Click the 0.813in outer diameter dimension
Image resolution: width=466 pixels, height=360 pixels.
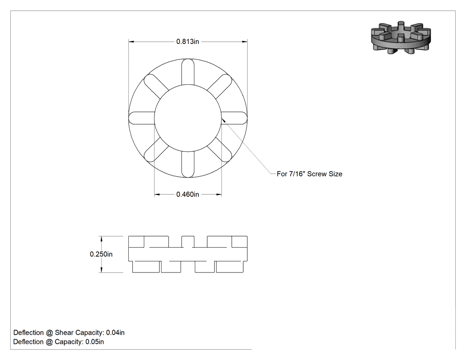(x=188, y=42)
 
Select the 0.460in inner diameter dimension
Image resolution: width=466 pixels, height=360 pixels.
(x=188, y=194)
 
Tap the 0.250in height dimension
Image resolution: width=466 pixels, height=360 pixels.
(x=101, y=254)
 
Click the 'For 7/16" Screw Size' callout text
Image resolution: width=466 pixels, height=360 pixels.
(x=309, y=174)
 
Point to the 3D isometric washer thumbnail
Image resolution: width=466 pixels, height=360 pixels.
(x=401, y=37)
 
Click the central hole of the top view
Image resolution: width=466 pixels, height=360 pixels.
(x=188, y=119)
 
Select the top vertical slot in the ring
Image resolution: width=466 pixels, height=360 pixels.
(x=188, y=72)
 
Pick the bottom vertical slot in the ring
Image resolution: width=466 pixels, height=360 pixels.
(x=188, y=164)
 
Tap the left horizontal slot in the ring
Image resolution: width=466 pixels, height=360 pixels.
(x=142, y=118)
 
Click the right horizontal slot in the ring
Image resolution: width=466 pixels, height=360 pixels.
(x=234, y=118)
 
